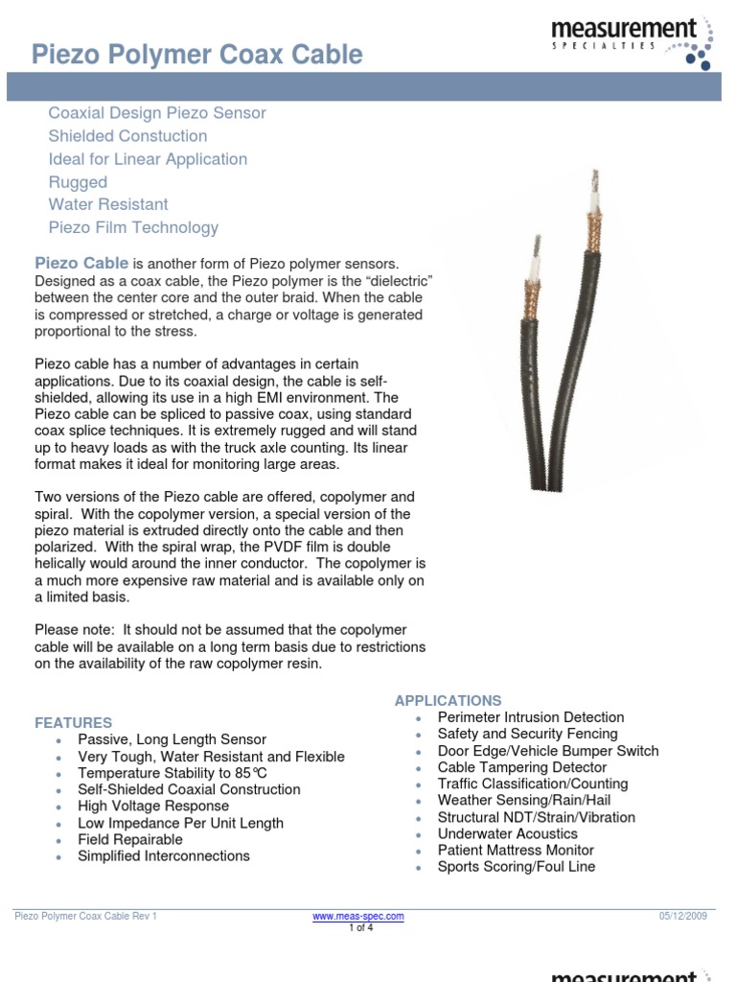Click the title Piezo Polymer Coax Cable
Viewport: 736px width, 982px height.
[x=197, y=56]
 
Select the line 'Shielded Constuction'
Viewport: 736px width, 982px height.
[x=127, y=136]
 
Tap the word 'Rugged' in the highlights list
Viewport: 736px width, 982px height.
[x=78, y=182]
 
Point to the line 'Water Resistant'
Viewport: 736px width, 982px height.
[x=108, y=204]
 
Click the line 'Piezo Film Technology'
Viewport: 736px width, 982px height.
[x=133, y=227]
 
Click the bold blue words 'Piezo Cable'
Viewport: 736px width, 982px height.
[x=81, y=263]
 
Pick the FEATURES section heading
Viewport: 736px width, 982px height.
[x=74, y=722]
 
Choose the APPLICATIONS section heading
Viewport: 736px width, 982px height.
[x=448, y=701]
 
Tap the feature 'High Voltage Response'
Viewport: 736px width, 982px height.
[x=153, y=806]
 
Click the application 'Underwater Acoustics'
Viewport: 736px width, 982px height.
[x=508, y=833]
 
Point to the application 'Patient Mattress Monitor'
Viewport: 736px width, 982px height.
[x=516, y=850]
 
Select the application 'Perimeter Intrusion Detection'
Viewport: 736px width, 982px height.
[x=530, y=717]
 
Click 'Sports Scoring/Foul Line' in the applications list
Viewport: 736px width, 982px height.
[x=516, y=866]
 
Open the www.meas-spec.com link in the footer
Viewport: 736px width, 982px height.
[x=358, y=916]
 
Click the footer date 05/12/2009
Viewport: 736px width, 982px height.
[x=682, y=916]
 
